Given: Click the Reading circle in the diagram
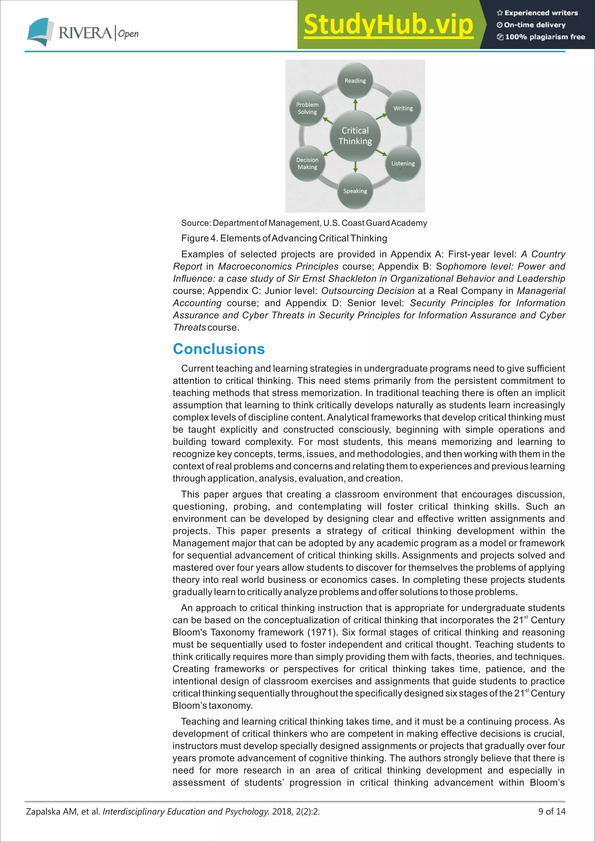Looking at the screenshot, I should pyautogui.click(x=355, y=81).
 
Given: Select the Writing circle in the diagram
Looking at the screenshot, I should pyautogui.click(x=403, y=108).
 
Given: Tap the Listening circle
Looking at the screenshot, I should pyautogui.click(x=403, y=164).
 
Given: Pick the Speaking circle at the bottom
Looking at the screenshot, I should pyautogui.click(x=355, y=191).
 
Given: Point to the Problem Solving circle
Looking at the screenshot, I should pyautogui.click(x=307, y=108).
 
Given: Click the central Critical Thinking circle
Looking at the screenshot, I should pyautogui.click(x=355, y=136).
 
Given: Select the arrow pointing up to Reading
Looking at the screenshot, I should pyautogui.click(x=355, y=104).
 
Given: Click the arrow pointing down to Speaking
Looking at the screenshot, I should pyautogui.click(x=355, y=167).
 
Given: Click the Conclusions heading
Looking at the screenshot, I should pyautogui.click(x=219, y=349).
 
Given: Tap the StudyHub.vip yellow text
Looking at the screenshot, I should pyautogui.click(x=388, y=25).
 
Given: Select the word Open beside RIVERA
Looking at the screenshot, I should pyautogui.click(x=128, y=34).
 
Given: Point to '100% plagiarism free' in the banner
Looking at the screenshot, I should pyautogui.click(x=544, y=37).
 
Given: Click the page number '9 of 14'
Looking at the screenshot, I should pyautogui.click(x=552, y=811).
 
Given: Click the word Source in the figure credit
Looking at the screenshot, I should pyautogui.click(x=195, y=223).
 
